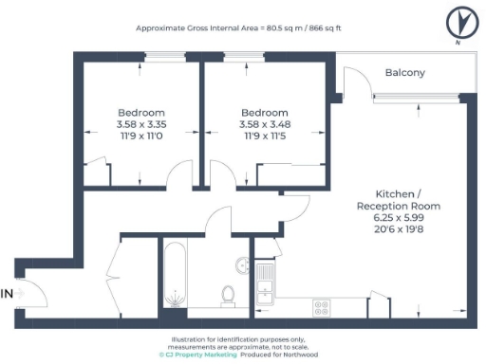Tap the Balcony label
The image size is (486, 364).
[404, 73]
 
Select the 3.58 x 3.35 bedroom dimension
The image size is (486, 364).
[141, 123]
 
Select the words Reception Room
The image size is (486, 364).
[399, 206]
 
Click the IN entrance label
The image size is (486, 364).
[8, 294]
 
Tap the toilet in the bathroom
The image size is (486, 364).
[228, 296]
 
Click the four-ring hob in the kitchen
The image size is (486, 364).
[322, 307]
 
